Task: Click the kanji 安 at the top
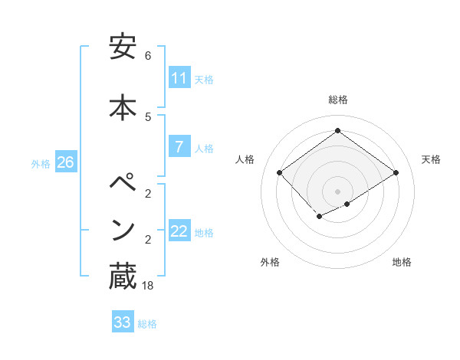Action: pos(123,47)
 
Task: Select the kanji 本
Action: pos(123,106)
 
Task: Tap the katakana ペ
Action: pos(123,184)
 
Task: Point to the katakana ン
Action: pos(123,230)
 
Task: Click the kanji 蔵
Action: pos(123,277)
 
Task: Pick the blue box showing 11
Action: pos(179,78)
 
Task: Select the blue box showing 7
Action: pos(179,147)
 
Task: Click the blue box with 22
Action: pos(179,231)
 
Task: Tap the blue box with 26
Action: pos(66,162)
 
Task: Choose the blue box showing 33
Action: pos(123,322)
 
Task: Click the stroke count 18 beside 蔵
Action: pos(149,286)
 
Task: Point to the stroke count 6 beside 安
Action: pos(148,56)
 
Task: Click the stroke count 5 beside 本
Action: pos(148,116)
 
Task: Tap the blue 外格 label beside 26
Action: pos(41,163)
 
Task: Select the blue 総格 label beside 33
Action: pos(148,324)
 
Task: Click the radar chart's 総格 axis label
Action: pos(337,100)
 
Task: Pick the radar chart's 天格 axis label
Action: pos(432,159)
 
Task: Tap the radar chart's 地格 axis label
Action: pos(402,262)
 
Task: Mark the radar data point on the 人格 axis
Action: pos(280,173)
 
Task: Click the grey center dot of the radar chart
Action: pos(337,191)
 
